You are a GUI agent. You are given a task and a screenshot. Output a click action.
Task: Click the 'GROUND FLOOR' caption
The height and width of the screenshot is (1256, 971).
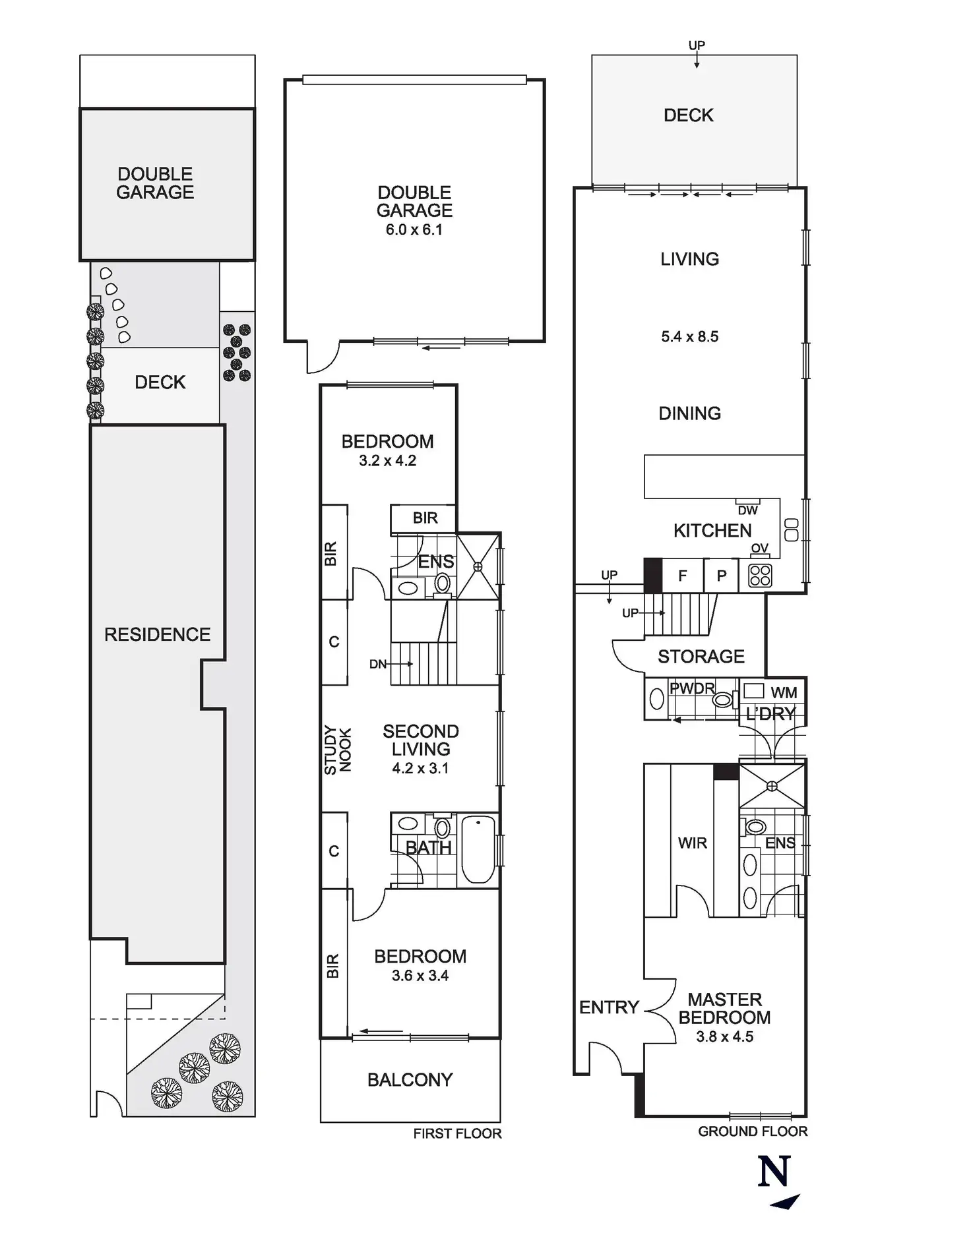pyautogui.click(x=752, y=1131)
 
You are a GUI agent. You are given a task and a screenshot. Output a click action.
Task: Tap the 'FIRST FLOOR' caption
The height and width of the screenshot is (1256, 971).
pyautogui.click(x=457, y=1133)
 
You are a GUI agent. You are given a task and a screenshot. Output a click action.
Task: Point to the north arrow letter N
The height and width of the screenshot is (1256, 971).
pyautogui.click(x=774, y=1172)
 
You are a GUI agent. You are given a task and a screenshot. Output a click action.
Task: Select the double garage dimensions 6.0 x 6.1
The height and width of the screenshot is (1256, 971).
pyautogui.click(x=414, y=230)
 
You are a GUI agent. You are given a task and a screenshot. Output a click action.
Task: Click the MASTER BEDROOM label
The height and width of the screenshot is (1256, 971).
pyautogui.click(x=724, y=1008)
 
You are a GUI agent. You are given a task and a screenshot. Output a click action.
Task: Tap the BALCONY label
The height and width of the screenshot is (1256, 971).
pyautogui.click(x=410, y=1080)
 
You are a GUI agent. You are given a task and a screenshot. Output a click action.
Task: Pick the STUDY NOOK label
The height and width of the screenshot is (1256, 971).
pyautogui.click(x=337, y=750)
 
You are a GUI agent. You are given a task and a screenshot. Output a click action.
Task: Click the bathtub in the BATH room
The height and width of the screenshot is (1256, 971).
pyautogui.click(x=478, y=849)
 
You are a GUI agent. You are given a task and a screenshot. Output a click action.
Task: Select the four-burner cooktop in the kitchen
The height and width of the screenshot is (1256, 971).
pyautogui.click(x=760, y=576)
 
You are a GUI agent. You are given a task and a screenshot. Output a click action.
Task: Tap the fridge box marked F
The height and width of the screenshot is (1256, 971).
pyautogui.click(x=683, y=576)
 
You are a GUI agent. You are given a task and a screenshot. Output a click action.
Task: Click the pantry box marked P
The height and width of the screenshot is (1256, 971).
pyautogui.click(x=722, y=576)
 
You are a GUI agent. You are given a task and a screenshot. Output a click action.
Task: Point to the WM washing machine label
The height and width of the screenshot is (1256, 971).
pyautogui.click(x=784, y=692)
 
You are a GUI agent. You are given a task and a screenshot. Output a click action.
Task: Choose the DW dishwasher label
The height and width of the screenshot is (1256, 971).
pyautogui.click(x=747, y=510)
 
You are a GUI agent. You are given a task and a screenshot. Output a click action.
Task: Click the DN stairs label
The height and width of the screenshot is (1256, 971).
pyautogui.click(x=378, y=664)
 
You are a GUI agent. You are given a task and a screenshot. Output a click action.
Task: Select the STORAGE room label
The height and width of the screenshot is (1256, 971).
pyautogui.click(x=701, y=657)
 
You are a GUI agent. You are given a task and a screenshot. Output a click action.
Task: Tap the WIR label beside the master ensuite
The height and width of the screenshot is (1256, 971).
pyautogui.click(x=692, y=843)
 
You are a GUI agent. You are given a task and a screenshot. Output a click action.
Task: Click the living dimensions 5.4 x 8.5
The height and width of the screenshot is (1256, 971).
pyautogui.click(x=689, y=336)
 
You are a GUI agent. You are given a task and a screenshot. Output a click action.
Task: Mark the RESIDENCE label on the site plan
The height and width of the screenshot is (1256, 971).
pyautogui.click(x=157, y=634)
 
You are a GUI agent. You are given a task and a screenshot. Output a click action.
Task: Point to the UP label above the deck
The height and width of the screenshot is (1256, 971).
pyautogui.click(x=697, y=45)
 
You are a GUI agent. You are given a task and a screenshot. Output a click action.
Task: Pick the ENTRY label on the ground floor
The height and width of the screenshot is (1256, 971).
pyautogui.click(x=609, y=1007)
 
